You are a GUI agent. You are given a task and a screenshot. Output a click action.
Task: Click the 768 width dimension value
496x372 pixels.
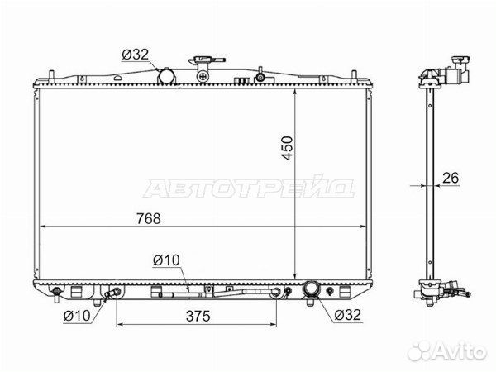pyautogui.click(x=149, y=218)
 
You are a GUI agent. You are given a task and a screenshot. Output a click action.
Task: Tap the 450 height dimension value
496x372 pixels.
pyautogui.click(x=287, y=148)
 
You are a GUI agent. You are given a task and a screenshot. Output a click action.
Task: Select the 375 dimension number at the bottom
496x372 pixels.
pyautogui.click(x=198, y=316)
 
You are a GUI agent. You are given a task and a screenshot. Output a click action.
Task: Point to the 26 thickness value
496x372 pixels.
pyautogui.click(x=451, y=178)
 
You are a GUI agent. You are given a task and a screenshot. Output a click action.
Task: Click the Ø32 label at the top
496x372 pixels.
pyautogui.click(x=135, y=55)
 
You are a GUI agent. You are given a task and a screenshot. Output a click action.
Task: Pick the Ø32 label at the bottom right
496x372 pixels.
pyautogui.click(x=347, y=315)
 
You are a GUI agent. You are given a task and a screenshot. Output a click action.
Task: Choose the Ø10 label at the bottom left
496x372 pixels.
pyautogui.click(x=77, y=316)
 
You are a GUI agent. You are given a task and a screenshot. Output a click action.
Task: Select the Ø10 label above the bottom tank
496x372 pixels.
pyautogui.click(x=166, y=260)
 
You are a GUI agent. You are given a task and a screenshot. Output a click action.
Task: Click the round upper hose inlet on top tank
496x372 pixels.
pyautogui.click(x=167, y=76)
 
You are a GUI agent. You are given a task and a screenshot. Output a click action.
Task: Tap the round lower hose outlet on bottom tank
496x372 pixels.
pyautogui.click(x=312, y=289)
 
